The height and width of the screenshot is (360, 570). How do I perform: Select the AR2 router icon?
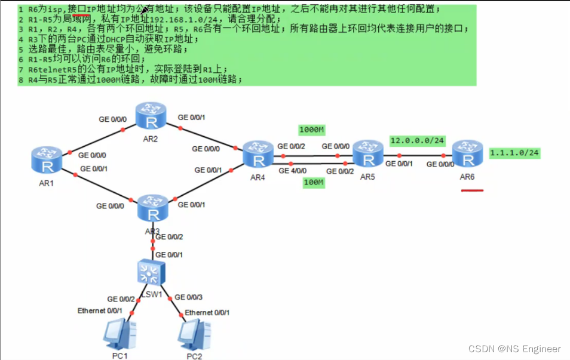[151, 116]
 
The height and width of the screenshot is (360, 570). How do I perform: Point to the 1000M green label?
[311, 130]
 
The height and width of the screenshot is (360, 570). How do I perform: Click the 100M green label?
[312, 183]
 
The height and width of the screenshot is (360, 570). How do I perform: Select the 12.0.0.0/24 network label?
[417, 140]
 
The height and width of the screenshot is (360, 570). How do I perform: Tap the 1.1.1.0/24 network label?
[514, 153]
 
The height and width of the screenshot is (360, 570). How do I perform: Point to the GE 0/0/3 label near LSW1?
[189, 297]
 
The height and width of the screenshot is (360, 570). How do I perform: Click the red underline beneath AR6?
[472, 190]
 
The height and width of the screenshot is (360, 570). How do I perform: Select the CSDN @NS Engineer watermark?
[514, 349]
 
